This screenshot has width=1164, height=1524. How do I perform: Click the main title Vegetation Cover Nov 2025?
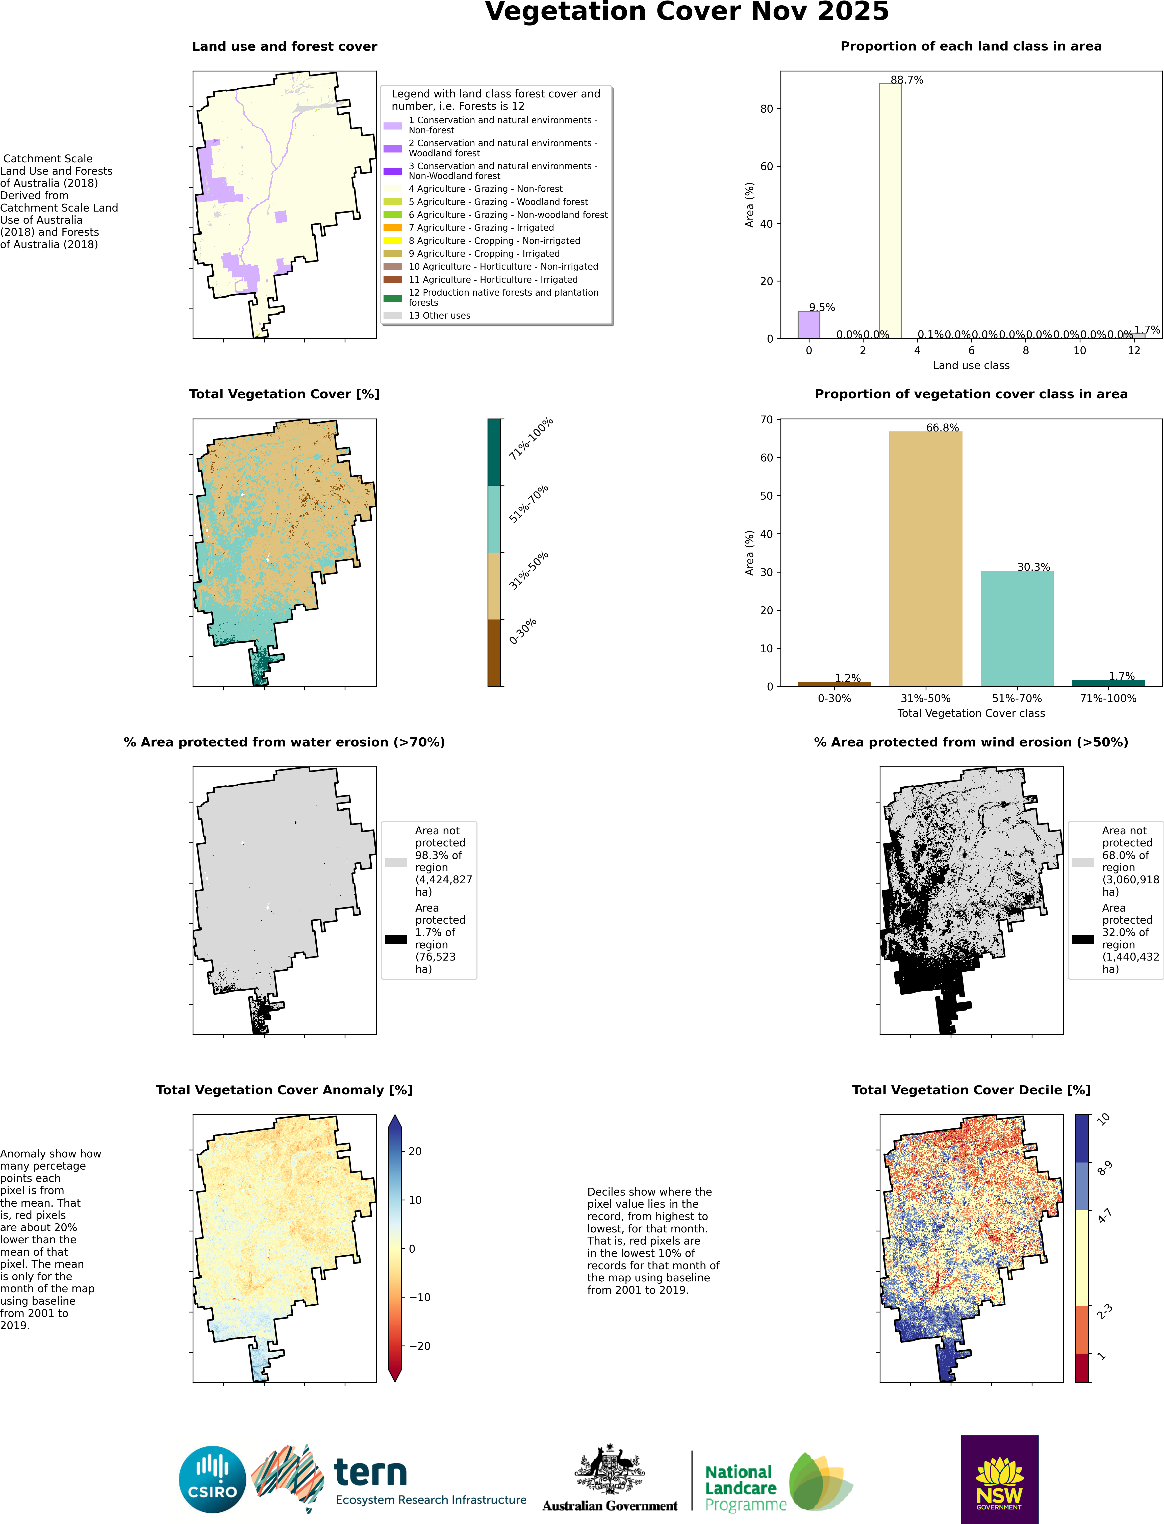coord(686,12)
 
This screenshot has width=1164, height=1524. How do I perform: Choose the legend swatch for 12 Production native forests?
coord(393,298)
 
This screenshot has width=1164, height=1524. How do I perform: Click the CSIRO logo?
coord(213,1479)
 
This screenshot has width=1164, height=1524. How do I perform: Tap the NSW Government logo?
coord(999,1479)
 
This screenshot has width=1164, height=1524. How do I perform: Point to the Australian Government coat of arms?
coord(610,1468)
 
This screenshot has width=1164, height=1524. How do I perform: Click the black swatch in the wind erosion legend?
coord(1083,939)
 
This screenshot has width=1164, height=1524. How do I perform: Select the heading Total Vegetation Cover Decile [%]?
coord(971,1090)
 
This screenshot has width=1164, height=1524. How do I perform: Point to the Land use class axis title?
coord(971,365)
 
